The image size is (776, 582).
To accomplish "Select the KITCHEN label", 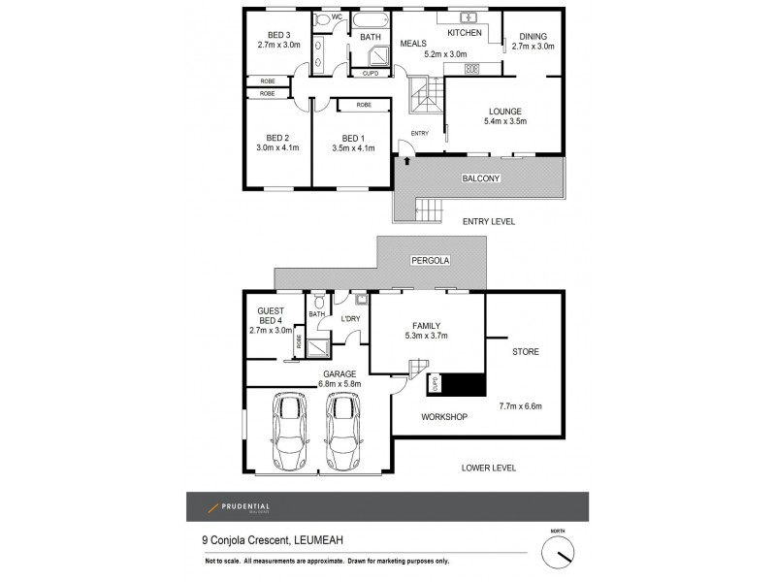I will pyautogui.click(x=464, y=32).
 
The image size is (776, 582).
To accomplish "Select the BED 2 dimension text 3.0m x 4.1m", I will pyautogui.click(x=278, y=147).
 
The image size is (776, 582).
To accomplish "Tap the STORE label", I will pyautogui.click(x=525, y=351).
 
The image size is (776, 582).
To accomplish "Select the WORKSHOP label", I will pyautogui.click(x=444, y=417).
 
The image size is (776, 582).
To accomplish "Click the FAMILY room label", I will pyautogui.click(x=427, y=326).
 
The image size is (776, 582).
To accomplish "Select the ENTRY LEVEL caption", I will pyautogui.click(x=488, y=221).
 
